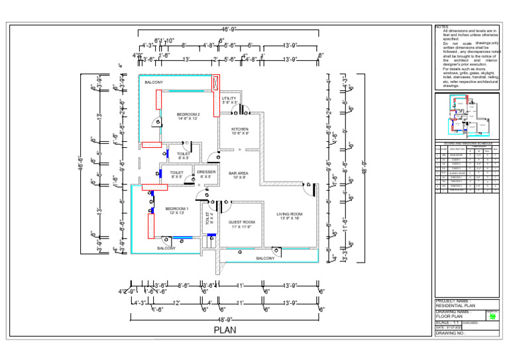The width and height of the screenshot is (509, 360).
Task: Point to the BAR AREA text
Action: [x=238, y=174]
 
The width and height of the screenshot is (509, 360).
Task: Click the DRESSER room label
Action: [x=206, y=174]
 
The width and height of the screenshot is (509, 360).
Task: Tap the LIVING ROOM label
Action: [x=289, y=215]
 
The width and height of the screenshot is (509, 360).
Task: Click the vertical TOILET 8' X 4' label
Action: [x=209, y=219]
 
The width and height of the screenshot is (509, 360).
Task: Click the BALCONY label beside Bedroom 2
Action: [x=154, y=82]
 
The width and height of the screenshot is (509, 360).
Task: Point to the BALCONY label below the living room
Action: [x=265, y=258]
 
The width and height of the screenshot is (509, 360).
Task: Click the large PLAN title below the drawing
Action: [x=225, y=330]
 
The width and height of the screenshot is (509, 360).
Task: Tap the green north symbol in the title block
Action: [x=492, y=316]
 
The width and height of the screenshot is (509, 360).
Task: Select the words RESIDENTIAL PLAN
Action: [x=458, y=306]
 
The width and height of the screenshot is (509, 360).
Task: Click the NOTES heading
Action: [x=442, y=27]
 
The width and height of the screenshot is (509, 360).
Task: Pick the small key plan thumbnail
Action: [x=467, y=115]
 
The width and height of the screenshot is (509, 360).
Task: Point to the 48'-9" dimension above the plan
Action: [x=229, y=29]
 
